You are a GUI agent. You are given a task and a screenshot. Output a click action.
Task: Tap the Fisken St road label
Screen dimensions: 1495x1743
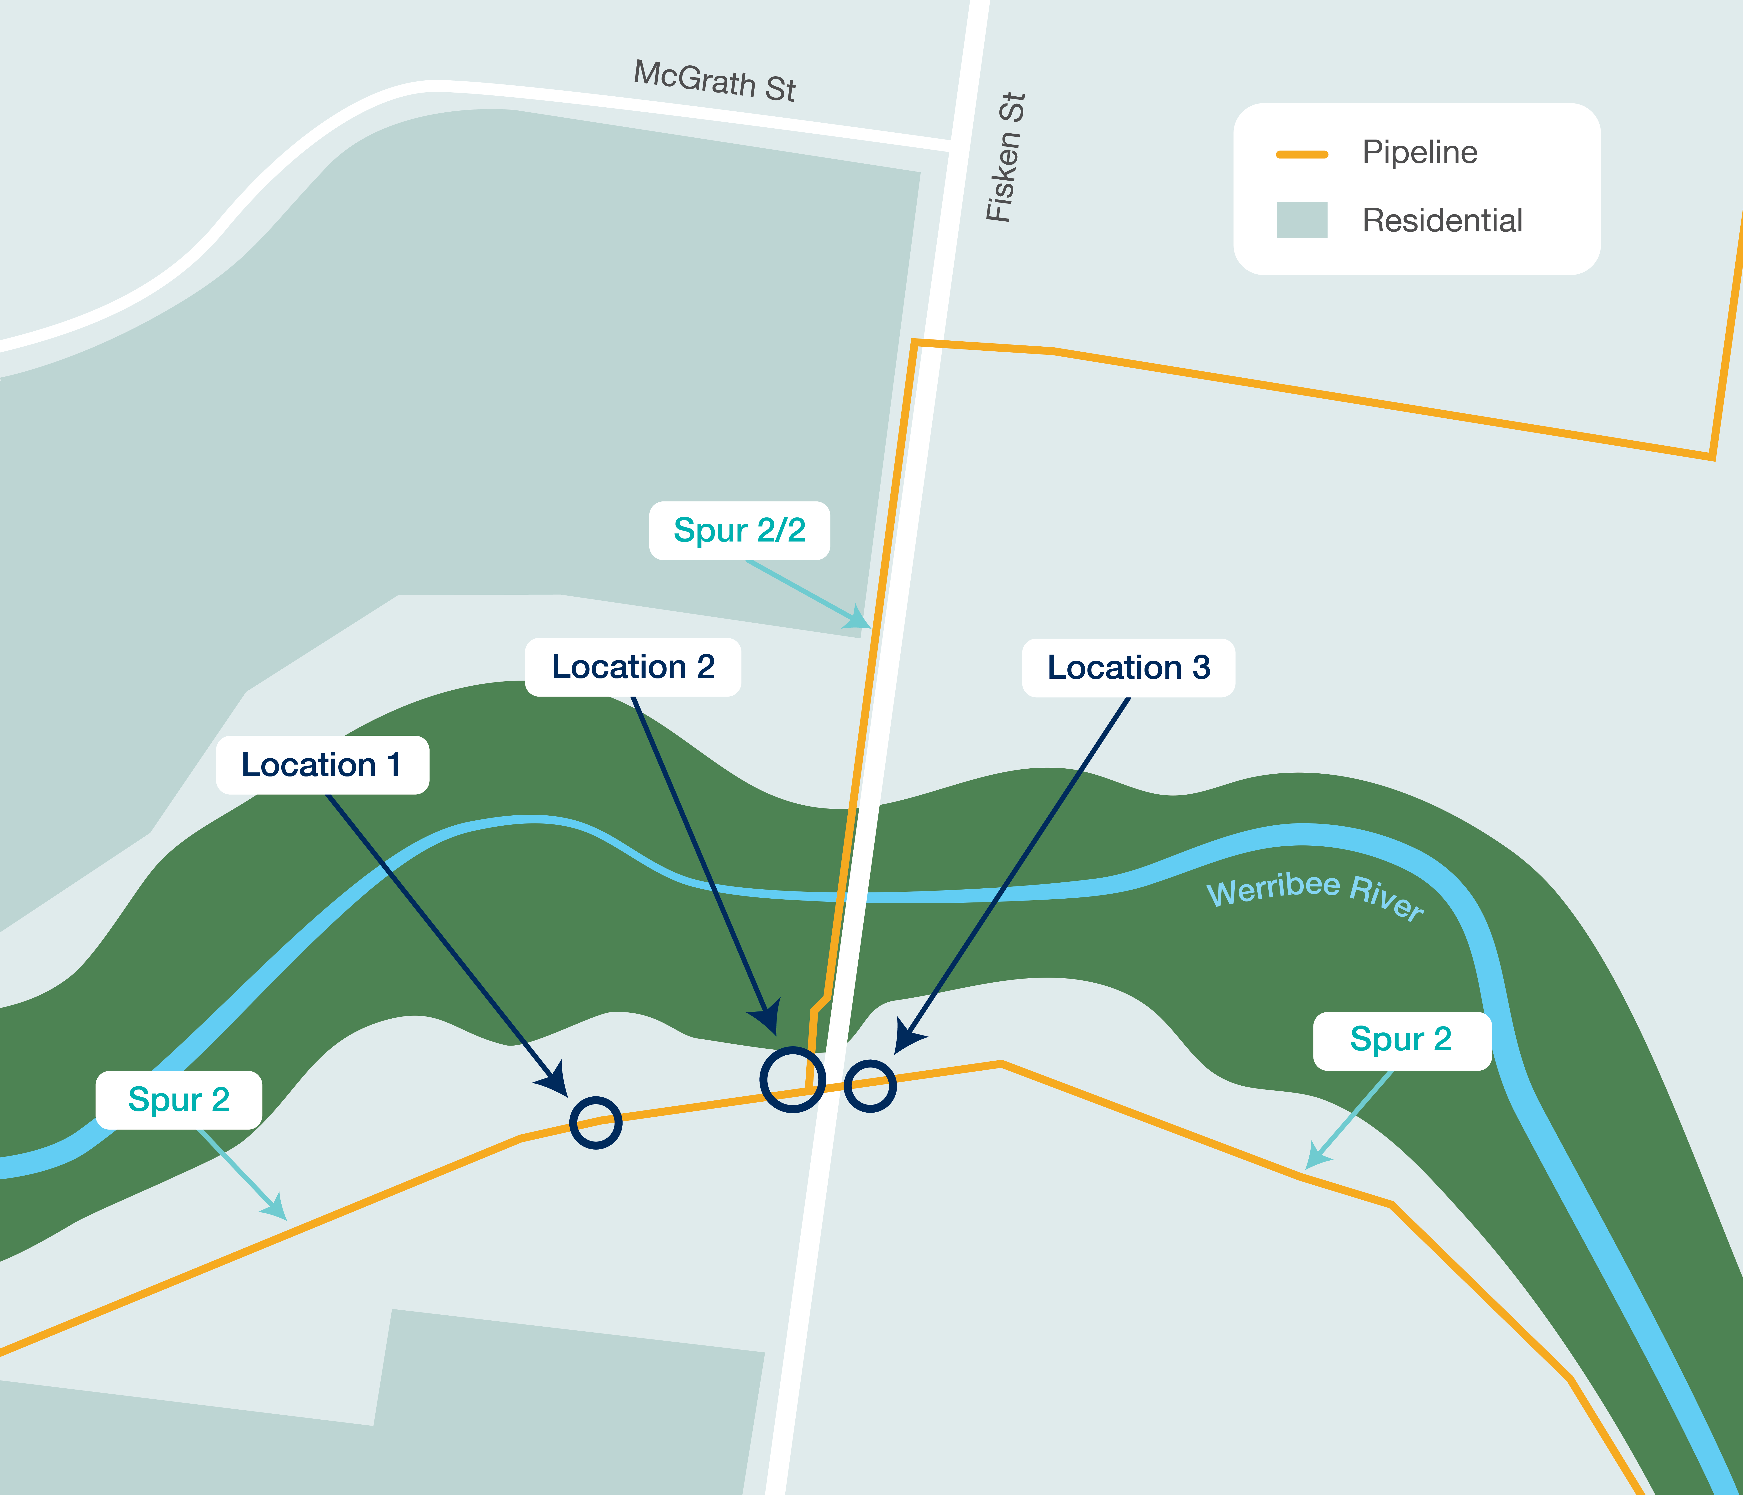point(1006,157)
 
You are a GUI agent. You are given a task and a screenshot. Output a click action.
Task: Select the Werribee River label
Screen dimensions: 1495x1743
point(1315,895)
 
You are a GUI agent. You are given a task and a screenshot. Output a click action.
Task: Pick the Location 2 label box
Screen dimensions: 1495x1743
point(633,667)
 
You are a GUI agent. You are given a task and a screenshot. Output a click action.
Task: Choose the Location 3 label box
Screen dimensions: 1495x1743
point(1128,668)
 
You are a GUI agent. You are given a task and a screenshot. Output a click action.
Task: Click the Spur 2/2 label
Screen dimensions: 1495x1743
point(740,531)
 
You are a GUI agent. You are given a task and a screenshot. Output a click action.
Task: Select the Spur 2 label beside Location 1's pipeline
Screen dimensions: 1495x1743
point(178,1100)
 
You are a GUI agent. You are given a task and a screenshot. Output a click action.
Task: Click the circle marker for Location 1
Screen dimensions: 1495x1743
point(596,1123)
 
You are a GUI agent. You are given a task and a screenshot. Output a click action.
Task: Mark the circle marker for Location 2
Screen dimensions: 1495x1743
point(793,1080)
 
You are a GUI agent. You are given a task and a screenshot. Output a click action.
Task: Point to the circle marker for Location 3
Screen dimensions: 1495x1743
point(870,1086)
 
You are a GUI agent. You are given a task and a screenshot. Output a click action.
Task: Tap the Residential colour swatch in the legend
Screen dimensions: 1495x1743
point(1301,220)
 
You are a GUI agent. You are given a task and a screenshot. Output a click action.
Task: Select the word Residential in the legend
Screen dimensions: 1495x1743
point(1442,220)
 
